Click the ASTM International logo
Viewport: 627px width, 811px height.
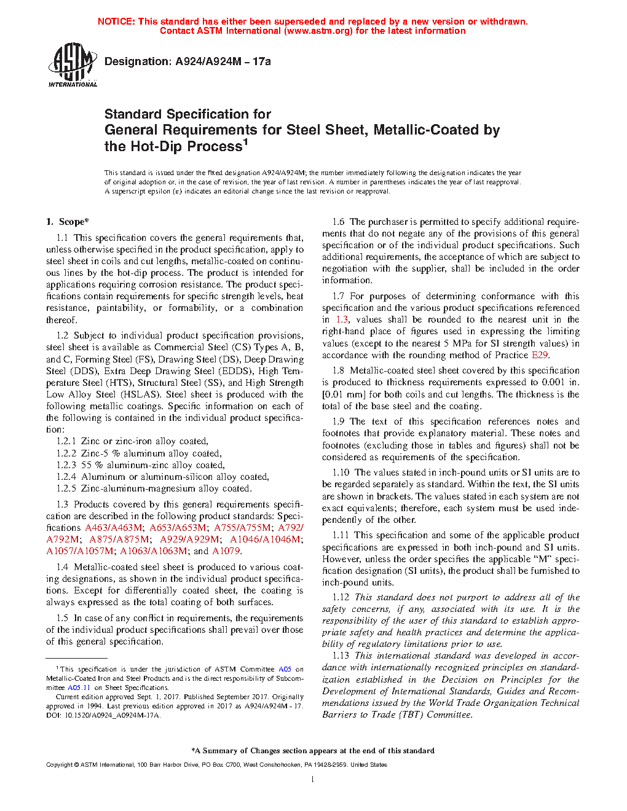pos(73,65)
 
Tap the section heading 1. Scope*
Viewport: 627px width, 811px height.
pos(68,222)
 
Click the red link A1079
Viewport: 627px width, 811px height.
pos(226,551)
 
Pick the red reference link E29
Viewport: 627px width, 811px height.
pos(540,355)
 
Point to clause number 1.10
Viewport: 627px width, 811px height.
pos(341,472)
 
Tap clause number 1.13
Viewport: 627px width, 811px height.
pos(341,656)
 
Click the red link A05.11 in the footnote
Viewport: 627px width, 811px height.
pos(79,688)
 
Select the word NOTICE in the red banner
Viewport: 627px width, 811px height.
pos(116,22)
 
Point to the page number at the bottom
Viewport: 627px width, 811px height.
pos(313,780)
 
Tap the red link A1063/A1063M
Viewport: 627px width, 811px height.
pos(154,551)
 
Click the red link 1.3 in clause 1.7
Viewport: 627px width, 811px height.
pos(342,319)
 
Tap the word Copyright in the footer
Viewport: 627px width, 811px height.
pos(59,765)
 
